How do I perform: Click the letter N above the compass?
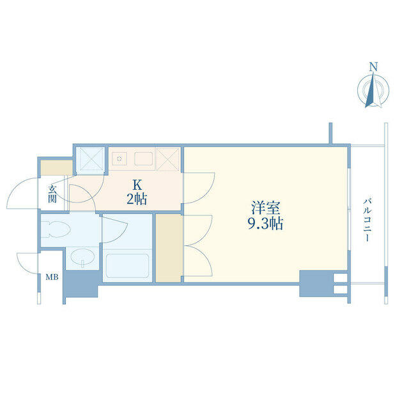[374, 66]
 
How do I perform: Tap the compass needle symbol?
[373, 90]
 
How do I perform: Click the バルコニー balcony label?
[367, 220]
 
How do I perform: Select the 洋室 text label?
[266, 208]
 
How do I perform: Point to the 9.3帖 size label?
[266, 223]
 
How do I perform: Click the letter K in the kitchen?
[137, 185]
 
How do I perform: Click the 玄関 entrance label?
[52, 194]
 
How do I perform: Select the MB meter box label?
[52, 277]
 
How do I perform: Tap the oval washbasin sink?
[83, 257]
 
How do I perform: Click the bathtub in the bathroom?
[127, 266]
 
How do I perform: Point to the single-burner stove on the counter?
[120, 158]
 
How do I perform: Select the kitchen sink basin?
[143, 158]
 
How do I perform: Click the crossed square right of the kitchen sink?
[168, 159]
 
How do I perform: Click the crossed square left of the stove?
[91, 159]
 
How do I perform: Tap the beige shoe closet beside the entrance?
[57, 168]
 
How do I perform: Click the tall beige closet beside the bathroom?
[169, 249]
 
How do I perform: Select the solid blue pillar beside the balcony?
[316, 284]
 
